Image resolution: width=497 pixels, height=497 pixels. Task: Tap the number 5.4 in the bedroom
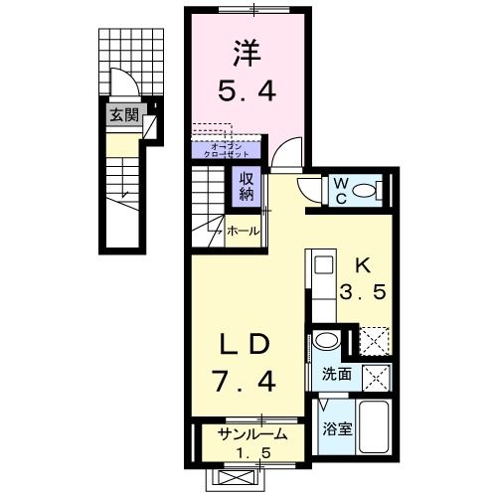248,90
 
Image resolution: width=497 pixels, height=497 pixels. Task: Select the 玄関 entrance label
124,113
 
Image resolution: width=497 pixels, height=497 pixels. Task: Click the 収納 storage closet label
246,186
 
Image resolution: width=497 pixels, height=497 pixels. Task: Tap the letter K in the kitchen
362,265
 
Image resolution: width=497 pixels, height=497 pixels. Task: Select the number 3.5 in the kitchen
362,296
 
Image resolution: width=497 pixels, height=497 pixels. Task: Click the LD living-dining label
246,345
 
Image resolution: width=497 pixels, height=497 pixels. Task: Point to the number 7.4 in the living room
246,380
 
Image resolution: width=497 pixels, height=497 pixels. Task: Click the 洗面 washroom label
337,377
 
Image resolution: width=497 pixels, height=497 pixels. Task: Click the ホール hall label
244,231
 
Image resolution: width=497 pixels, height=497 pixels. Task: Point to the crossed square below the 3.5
374,342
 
